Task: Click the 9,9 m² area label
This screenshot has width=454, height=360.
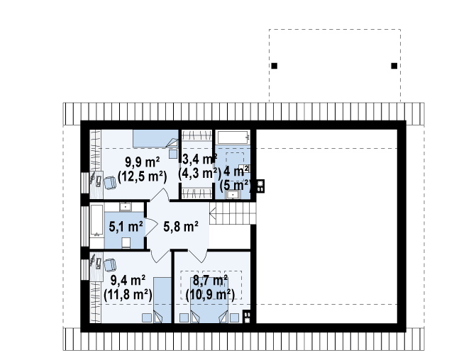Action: coord(143,162)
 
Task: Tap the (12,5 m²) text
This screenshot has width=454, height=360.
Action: coord(143,176)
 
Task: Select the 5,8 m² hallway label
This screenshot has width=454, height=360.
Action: coord(181,226)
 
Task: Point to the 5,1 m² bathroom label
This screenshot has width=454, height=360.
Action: coord(126,226)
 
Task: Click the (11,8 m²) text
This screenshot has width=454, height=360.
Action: coord(128,295)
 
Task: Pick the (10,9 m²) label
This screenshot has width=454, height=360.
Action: coord(210,295)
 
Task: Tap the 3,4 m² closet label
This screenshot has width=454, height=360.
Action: coord(199,159)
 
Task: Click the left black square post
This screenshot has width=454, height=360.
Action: coord(275,66)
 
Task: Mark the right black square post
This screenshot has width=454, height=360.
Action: coord(394,66)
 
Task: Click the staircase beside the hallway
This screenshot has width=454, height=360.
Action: coord(233,213)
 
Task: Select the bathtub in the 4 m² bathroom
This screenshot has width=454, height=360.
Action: coord(233,137)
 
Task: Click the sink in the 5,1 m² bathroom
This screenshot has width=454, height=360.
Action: coord(126,207)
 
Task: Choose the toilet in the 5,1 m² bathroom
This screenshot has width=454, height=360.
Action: coord(126,243)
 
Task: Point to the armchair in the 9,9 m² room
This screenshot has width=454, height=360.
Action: coord(110,183)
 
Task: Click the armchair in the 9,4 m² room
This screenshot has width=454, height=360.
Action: coord(110,265)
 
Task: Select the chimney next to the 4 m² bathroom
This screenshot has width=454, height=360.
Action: coord(260,186)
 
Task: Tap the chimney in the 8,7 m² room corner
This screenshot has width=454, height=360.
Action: coord(247,316)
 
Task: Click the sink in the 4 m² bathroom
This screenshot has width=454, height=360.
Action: coord(233,195)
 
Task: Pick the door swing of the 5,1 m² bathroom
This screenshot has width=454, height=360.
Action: coord(151,227)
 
